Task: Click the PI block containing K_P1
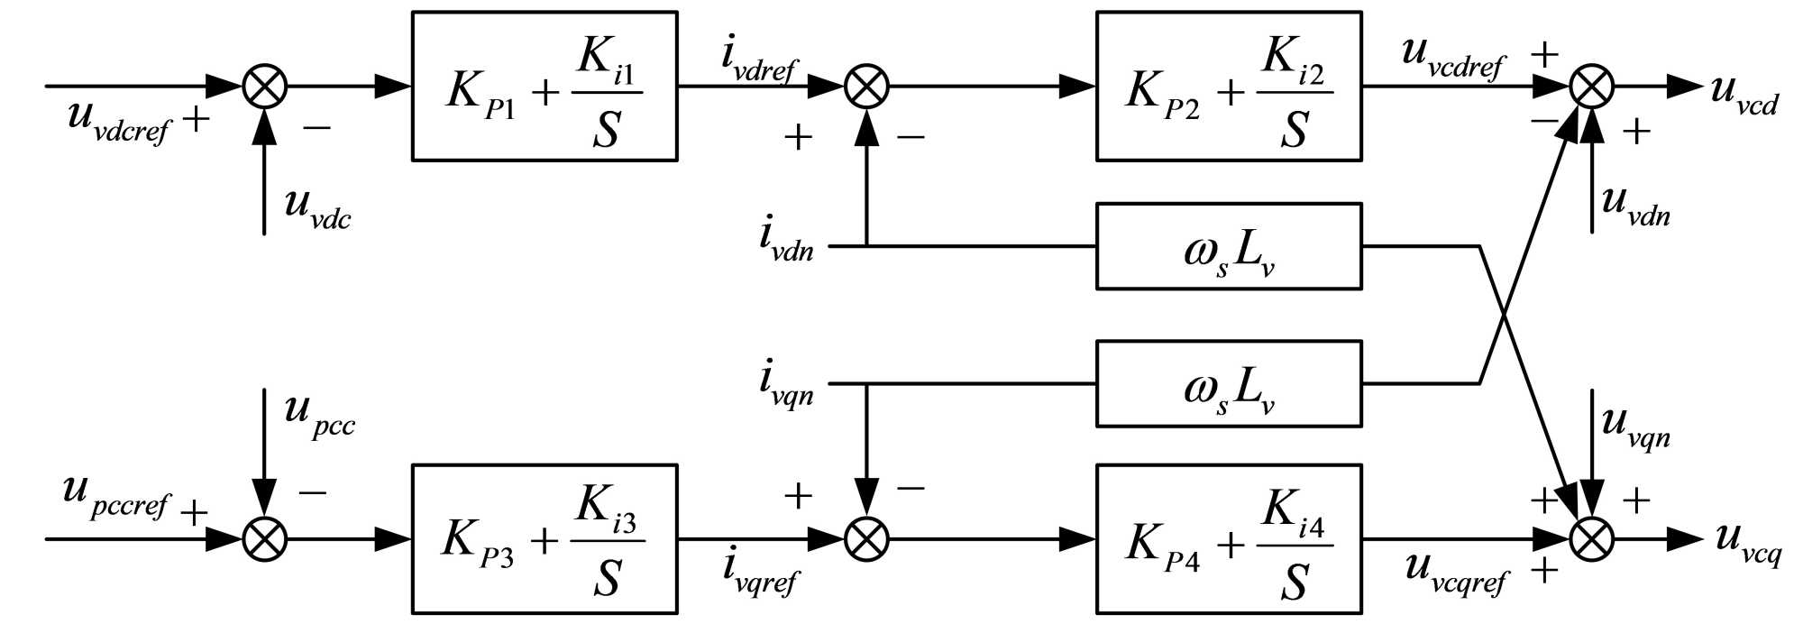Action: (545, 87)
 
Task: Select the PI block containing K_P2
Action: (1229, 87)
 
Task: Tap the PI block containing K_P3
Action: (545, 539)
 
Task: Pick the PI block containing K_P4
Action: (1229, 539)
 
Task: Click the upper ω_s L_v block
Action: (1229, 246)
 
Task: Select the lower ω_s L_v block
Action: (1229, 383)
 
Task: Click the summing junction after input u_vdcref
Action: (265, 87)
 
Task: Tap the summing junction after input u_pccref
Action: (265, 539)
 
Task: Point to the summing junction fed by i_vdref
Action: (866, 87)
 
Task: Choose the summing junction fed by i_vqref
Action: (866, 539)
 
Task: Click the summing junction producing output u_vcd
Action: (1592, 87)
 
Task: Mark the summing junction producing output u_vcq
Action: (1592, 539)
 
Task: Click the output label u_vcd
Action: (1744, 96)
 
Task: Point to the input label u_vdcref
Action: (118, 122)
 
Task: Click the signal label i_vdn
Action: (786, 240)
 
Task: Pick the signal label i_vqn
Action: (786, 383)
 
